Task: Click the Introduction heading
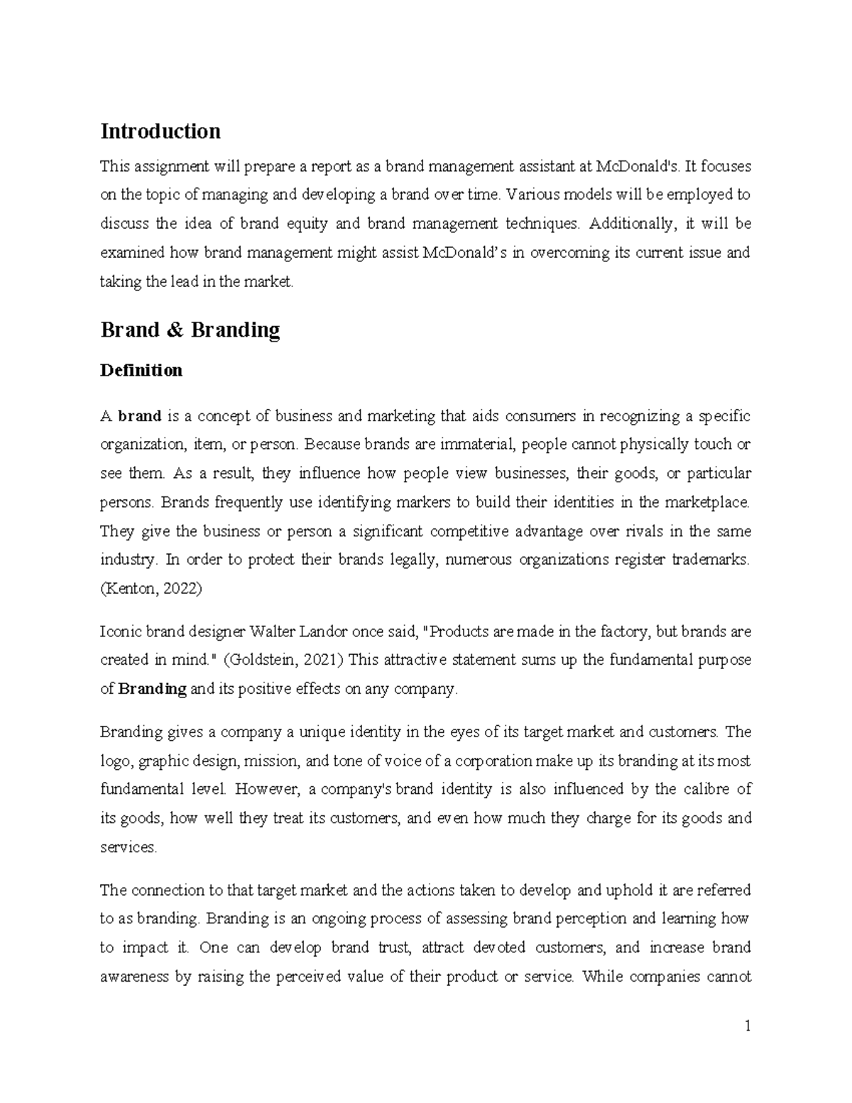160,131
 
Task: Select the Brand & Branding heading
190,330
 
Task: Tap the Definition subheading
141,370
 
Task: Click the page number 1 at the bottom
747,1026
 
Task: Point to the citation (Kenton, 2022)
151,589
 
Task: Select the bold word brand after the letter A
140,415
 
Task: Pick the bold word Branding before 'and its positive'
152,689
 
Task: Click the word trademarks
714,560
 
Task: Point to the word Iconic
119,631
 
